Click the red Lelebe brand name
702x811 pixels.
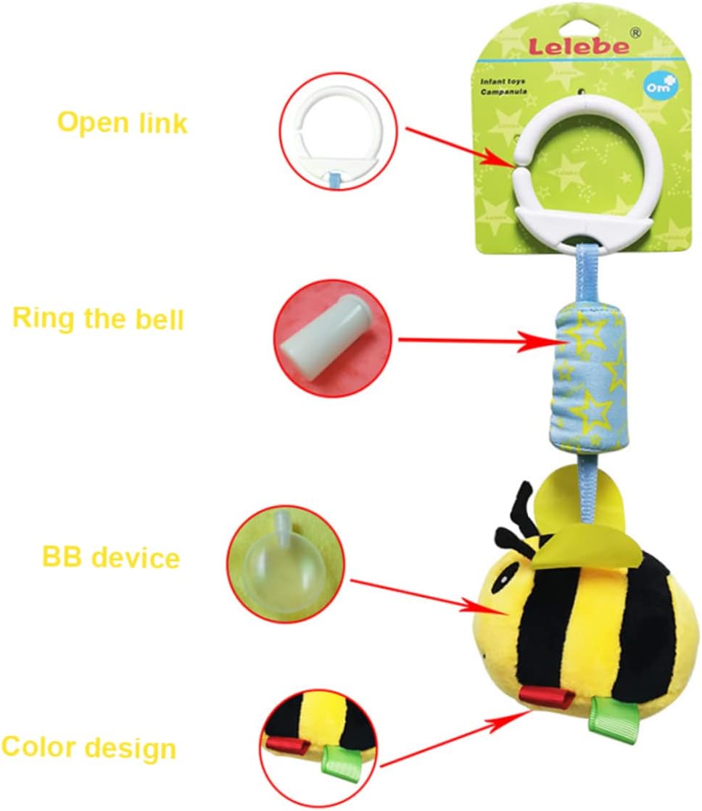[578, 46]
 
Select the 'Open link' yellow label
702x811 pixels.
[122, 123]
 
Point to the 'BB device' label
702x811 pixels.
[111, 557]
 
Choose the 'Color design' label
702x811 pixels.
[88, 748]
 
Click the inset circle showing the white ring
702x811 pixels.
[338, 130]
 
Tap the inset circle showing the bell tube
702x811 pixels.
[333, 338]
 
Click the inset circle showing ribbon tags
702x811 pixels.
[319, 747]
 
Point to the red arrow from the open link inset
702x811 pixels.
[460, 147]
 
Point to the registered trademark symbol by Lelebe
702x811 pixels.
[635, 33]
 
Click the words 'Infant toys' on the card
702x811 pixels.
[502, 82]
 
